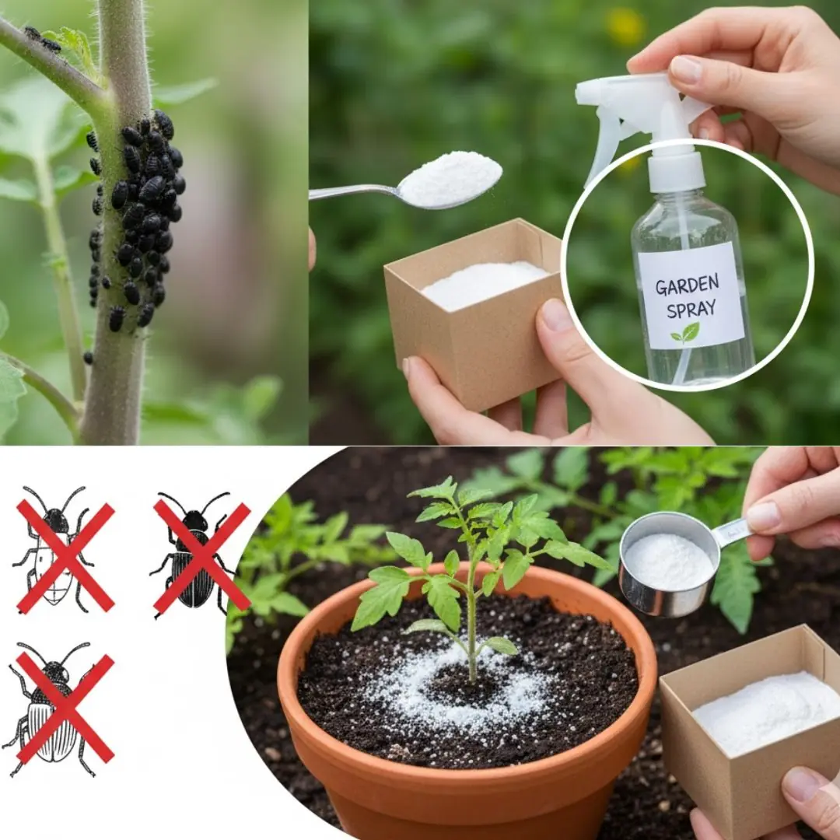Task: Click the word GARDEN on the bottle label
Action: click(x=687, y=286)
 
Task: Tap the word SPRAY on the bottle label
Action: click(x=688, y=309)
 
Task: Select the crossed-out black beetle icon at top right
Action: click(x=201, y=554)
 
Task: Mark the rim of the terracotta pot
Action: click(x=467, y=579)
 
